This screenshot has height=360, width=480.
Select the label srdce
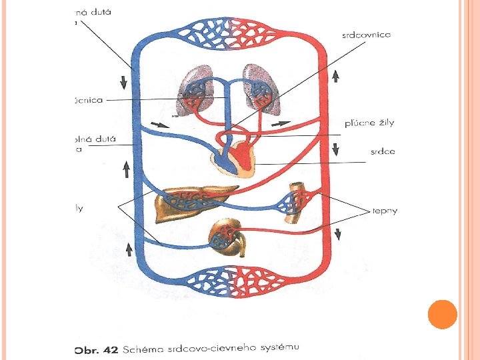pyautogui.click(x=383, y=151)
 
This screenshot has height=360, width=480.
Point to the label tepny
pyautogui.click(x=385, y=211)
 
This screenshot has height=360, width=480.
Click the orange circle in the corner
pyautogui.click(x=442, y=314)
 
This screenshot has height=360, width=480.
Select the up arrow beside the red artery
pyautogui.click(x=335, y=76)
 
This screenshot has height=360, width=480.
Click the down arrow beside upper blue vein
pyautogui.click(x=124, y=83)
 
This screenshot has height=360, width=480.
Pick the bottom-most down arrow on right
pyautogui.click(x=337, y=233)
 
